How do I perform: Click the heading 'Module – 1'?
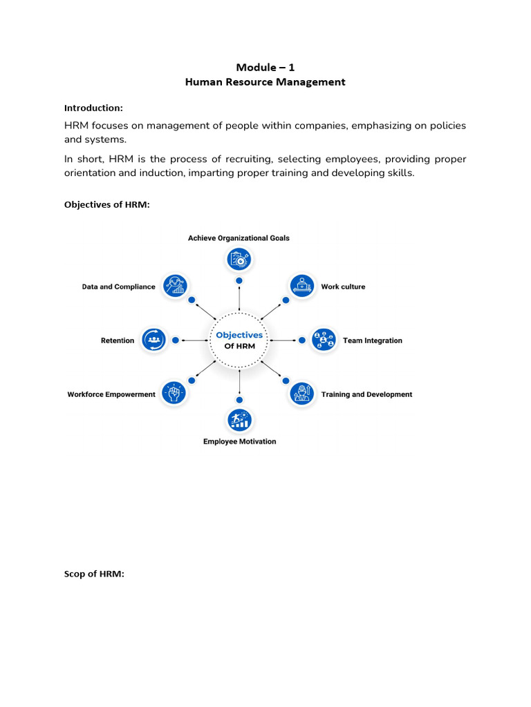tap(265, 67)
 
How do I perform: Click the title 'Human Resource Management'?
tap(265, 82)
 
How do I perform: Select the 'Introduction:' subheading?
tap(93, 108)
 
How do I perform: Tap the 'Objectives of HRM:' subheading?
tap(106, 205)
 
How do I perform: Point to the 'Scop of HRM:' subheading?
tap(94, 574)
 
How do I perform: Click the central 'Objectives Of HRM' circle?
tap(239, 340)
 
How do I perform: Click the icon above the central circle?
tap(239, 260)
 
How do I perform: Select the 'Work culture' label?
tap(343, 287)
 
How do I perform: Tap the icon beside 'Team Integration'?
tap(323, 340)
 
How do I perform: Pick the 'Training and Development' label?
tap(366, 394)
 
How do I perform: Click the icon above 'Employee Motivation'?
tap(239, 420)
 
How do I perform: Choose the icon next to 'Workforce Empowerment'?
tap(174, 394)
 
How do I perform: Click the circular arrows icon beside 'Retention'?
tap(153, 340)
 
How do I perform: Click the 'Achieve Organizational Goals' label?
tap(239, 238)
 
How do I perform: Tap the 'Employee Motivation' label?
tap(239, 442)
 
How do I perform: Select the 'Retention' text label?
tap(118, 340)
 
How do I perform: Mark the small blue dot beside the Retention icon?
tap(176, 340)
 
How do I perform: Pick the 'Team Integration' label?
tap(372, 340)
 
